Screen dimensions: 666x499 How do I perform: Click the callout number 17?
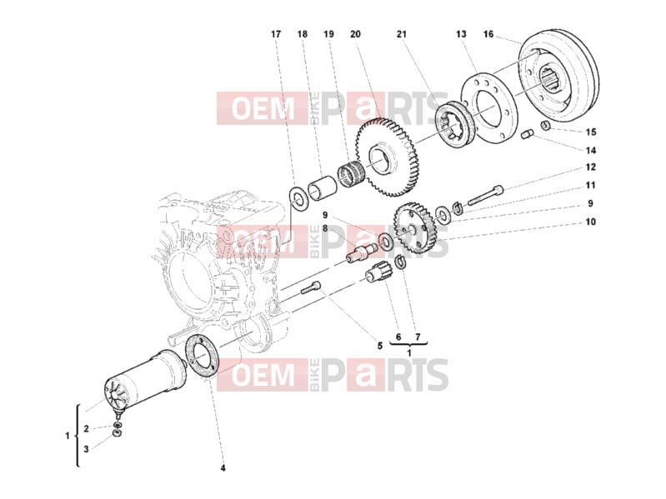click(276, 34)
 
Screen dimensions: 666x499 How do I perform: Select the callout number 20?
click(356, 34)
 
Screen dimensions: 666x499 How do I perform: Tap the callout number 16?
click(488, 34)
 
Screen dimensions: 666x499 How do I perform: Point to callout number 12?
click(591, 167)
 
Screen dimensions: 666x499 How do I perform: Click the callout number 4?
click(223, 468)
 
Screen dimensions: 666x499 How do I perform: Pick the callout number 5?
click(380, 346)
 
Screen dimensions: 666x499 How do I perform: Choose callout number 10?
click(591, 222)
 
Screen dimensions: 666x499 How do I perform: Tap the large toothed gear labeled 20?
click(387, 157)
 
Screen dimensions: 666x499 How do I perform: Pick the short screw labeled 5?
click(311, 288)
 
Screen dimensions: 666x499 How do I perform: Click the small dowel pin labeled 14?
click(527, 135)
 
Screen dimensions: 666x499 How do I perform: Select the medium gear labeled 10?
click(414, 228)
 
